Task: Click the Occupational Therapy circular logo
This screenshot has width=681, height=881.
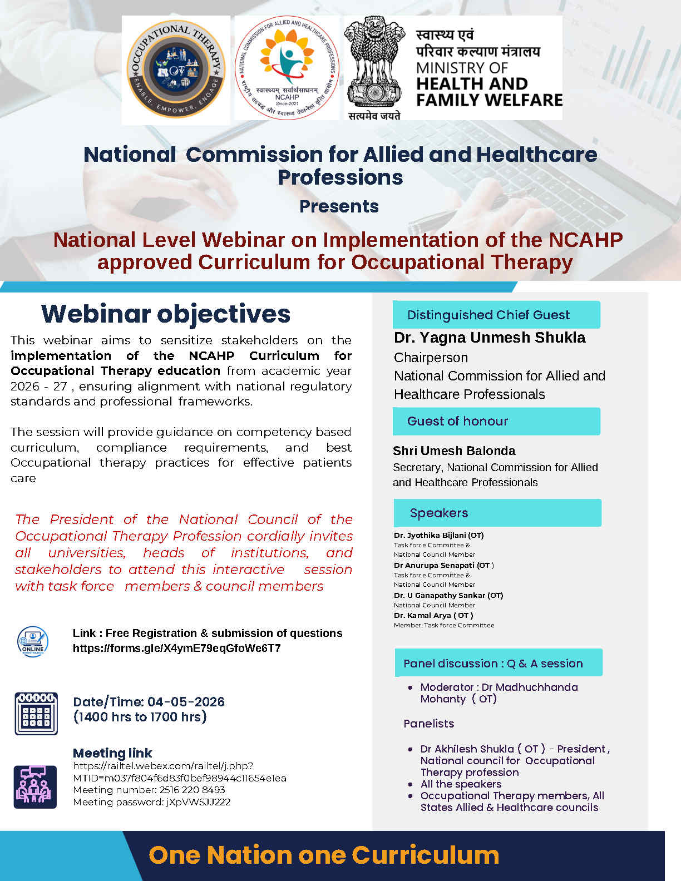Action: [x=176, y=69]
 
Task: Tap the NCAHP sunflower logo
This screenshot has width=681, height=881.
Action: [x=287, y=68]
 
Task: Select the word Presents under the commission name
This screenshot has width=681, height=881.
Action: [x=339, y=206]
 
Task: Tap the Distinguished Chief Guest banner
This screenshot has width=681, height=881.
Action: [x=496, y=315]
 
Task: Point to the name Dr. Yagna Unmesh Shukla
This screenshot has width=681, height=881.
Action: [x=490, y=337]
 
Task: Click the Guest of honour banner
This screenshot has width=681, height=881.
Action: [x=496, y=421]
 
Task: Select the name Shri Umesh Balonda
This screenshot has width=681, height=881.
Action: [x=454, y=451]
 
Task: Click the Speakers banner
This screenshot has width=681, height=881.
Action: [x=497, y=513]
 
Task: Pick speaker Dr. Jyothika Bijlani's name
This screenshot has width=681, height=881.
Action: [x=438, y=535]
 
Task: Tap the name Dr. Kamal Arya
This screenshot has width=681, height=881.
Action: [x=433, y=616]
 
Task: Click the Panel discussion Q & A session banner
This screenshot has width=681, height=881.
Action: [x=499, y=664]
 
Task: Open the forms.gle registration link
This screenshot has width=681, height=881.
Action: [x=177, y=649]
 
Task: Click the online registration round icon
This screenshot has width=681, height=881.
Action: [x=33, y=641]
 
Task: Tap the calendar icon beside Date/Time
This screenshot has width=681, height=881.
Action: [x=36, y=714]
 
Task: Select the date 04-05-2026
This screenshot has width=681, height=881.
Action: [x=186, y=702]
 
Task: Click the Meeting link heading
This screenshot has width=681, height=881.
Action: [x=112, y=753]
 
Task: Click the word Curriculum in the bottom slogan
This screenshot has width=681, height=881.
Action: [x=426, y=855]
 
